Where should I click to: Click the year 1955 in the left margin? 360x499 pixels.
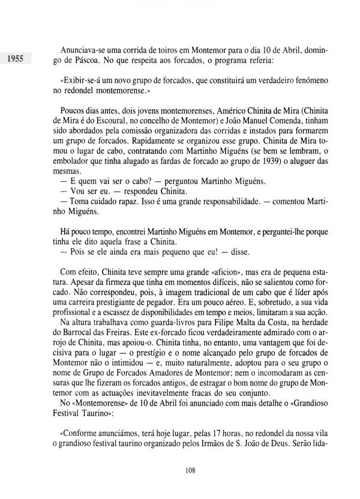point(13,59)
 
